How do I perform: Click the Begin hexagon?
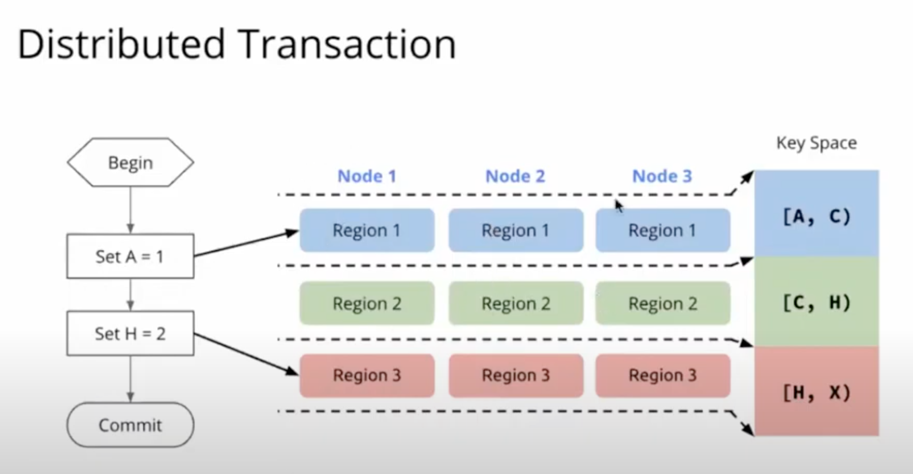(130, 162)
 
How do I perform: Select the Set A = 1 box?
(130, 256)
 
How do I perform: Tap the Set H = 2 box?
(130, 334)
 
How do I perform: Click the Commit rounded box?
(130, 425)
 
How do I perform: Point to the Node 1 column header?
(367, 176)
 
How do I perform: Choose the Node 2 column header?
(515, 176)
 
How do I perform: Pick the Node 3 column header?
(662, 176)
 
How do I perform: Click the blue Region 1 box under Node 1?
(367, 230)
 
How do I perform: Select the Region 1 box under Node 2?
(515, 230)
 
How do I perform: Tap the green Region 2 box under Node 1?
(367, 303)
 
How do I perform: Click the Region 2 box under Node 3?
(663, 303)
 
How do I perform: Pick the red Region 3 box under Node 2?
(515, 375)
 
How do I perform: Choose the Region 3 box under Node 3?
(663, 375)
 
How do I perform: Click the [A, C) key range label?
(816, 217)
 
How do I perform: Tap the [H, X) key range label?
(816, 393)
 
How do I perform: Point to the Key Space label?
(816, 143)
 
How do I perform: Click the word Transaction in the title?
(348, 44)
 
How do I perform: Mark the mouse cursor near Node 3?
(619, 206)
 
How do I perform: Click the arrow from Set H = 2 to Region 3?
(246, 353)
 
